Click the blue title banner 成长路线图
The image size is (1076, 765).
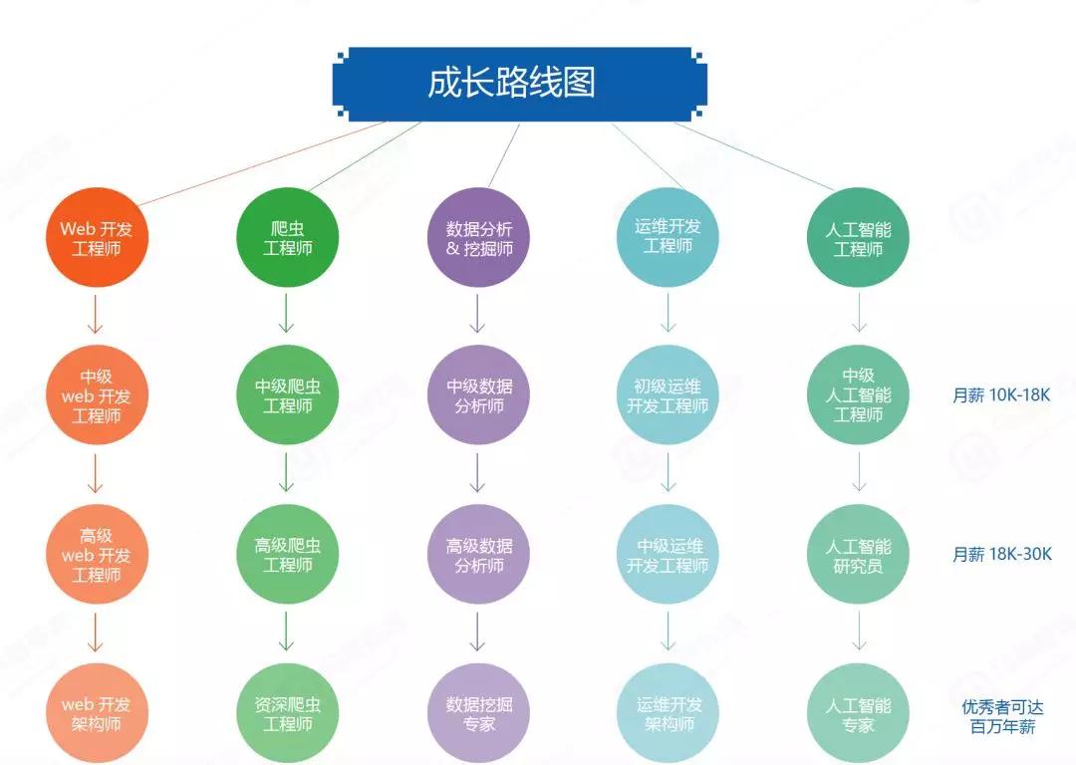[x=519, y=84]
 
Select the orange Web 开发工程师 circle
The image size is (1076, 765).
[x=97, y=237]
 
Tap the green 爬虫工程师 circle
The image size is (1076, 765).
[x=288, y=237]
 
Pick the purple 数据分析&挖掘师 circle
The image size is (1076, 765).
[x=478, y=237]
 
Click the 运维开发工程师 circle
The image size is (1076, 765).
[x=668, y=237]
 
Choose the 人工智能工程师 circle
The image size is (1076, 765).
[x=858, y=237]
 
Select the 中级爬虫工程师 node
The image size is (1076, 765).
[x=288, y=395]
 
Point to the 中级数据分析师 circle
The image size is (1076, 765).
[x=478, y=395]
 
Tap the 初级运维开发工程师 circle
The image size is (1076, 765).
[x=668, y=395]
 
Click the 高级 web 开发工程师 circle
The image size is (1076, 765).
[x=97, y=555]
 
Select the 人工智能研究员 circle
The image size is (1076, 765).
[x=858, y=555]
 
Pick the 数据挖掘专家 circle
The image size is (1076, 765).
[x=478, y=713]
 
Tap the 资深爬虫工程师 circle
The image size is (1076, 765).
[x=288, y=713]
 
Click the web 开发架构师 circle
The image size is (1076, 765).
[x=97, y=713]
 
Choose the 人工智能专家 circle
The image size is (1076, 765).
[x=858, y=713]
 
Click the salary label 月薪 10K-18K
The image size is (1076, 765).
[x=1001, y=395]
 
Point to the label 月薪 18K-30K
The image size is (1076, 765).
[x=1002, y=554]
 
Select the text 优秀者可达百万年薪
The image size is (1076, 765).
[x=1002, y=716]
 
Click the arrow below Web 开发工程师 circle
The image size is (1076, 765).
[x=96, y=314]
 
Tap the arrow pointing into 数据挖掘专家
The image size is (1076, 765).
[x=477, y=632]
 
